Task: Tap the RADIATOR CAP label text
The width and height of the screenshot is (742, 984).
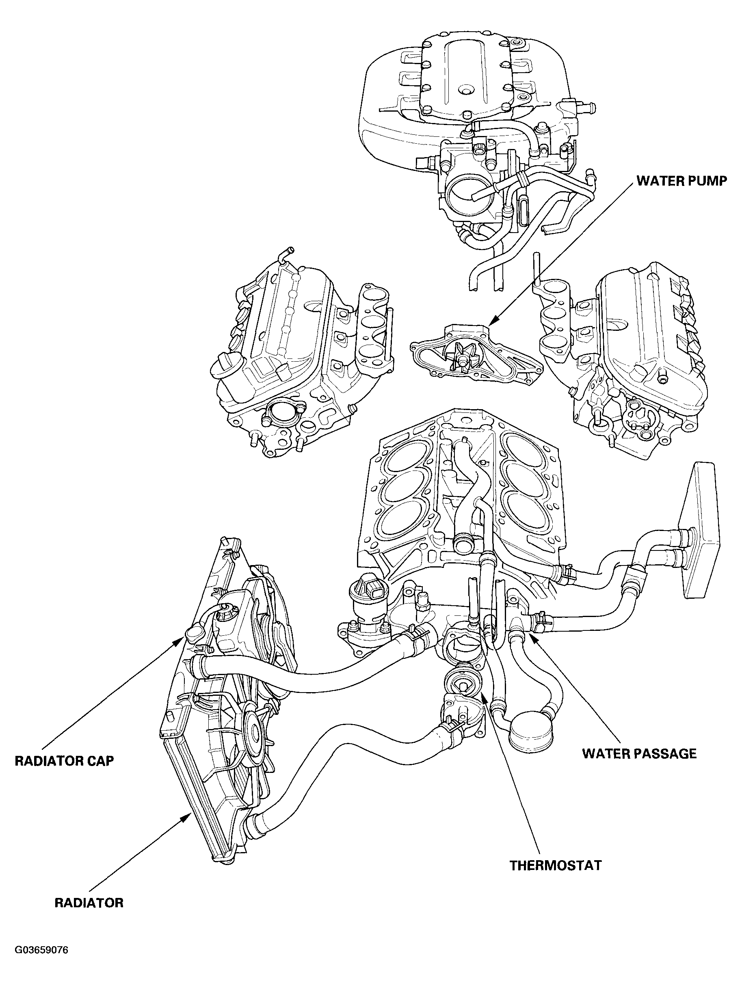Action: pos(64,761)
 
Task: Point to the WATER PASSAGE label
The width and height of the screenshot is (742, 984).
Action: pos(640,753)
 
